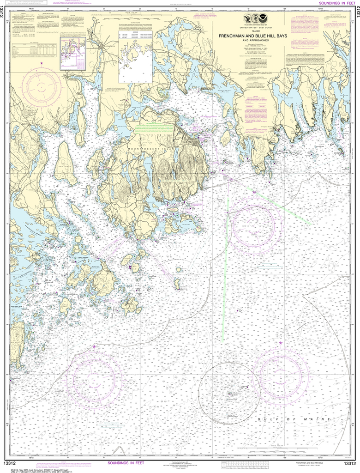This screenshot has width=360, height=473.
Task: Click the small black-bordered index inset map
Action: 73,54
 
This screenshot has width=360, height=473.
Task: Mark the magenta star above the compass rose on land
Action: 42,62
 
